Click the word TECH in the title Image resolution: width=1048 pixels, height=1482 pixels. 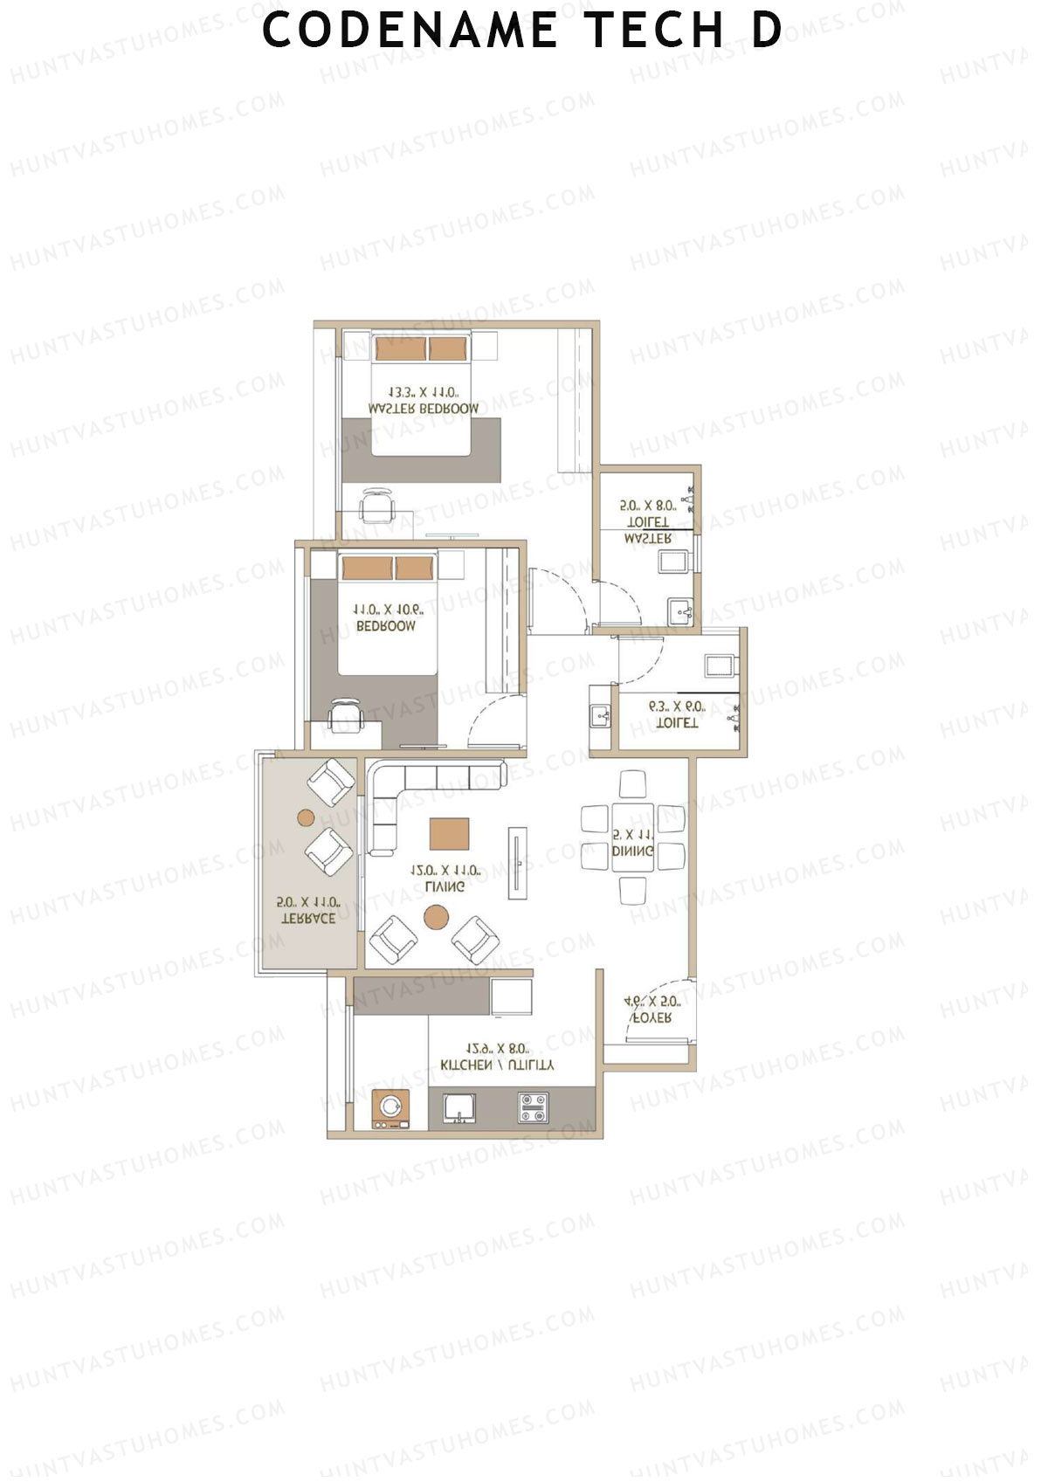pos(654,30)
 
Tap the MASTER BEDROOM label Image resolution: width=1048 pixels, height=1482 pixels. pos(424,409)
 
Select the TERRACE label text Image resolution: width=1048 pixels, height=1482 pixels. pos(308,918)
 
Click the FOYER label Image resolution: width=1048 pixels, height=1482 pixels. pos(652,1018)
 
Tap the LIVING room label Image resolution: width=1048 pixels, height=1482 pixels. pos(445,886)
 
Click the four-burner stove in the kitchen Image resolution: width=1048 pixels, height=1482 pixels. pos(532,1108)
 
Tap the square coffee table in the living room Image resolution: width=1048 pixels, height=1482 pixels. pos(449,834)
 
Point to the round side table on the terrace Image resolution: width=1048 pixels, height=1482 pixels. pos(306,818)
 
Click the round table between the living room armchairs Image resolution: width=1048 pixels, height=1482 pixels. pos(436,917)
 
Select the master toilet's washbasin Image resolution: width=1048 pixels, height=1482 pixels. pos(679,610)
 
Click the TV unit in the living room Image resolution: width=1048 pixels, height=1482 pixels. pos(517,863)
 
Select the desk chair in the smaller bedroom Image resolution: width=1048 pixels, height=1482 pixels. pos(343,714)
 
